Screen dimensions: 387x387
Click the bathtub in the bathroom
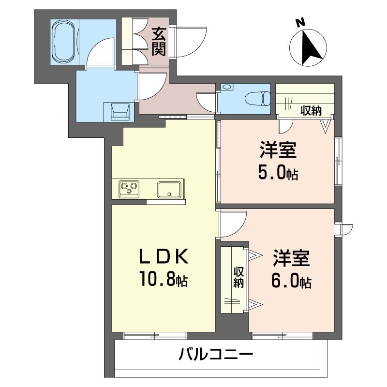click(x=64, y=42)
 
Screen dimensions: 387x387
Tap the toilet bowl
click(x=258, y=99)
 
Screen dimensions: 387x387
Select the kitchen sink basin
click(x=169, y=190)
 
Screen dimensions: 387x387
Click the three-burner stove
click(x=129, y=189)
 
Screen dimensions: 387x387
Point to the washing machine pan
click(x=120, y=112)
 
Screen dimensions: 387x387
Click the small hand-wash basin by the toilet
click(x=227, y=87)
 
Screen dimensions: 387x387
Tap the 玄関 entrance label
click(x=159, y=42)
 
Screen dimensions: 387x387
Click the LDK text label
click(x=164, y=256)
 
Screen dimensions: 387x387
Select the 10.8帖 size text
click(x=164, y=279)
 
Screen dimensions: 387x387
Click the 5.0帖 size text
click(x=278, y=172)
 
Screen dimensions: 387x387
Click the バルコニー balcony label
click(x=216, y=355)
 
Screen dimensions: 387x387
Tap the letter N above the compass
click(x=300, y=23)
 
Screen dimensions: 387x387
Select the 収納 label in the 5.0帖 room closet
click(x=311, y=111)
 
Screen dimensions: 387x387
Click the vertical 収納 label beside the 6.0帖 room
click(x=238, y=277)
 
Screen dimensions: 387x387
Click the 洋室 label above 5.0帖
click(x=278, y=150)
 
